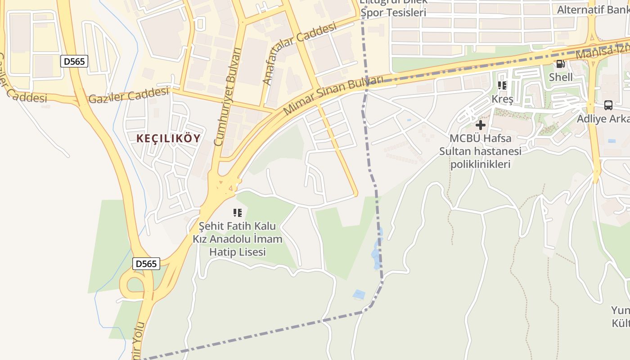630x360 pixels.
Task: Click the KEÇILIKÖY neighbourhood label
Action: (x=168, y=139)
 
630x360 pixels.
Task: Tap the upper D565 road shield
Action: (x=74, y=61)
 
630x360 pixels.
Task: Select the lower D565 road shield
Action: (x=146, y=264)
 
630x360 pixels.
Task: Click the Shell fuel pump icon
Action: (x=560, y=64)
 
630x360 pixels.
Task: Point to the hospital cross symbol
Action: (x=481, y=125)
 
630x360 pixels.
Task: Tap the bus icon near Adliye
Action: (x=608, y=105)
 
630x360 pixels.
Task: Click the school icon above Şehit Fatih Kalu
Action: (x=238, y=212)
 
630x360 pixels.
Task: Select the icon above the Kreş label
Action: (x=502, y=85)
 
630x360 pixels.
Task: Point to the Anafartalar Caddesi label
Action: (x=299, y=53)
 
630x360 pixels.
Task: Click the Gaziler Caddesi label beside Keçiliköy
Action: (x=129, y=96)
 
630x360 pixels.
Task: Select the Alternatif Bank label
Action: (x=593, y=9)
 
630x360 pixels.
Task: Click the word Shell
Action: (x=561, y=77)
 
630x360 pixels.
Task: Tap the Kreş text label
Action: (x=502, y=99)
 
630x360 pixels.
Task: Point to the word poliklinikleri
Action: (x=481, y=164)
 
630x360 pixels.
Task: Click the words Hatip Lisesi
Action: (x=238, y=252)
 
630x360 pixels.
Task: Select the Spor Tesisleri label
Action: (x=393, y=13)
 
